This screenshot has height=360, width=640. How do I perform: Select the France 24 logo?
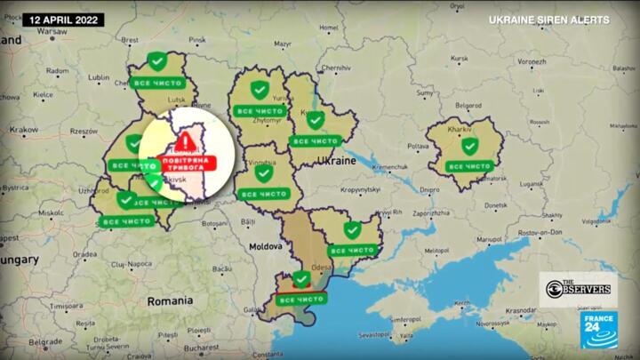click(x=600, y=331)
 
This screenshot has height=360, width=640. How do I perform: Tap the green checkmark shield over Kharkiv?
click(x=469, y=145)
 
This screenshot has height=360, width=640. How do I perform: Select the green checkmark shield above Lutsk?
click(x=157, y=61)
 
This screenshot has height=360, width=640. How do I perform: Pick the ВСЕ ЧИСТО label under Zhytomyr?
click(x=260, y=111)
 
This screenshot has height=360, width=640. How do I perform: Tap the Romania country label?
click(x=170, y=300)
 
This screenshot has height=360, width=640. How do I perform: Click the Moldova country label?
click(x=265, y=245)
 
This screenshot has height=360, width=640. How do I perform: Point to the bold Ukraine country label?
click(x=336, y=162)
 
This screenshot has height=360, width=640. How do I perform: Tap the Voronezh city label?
click(x=532, y=62)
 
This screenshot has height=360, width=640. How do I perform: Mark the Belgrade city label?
click(x=45, y=341)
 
